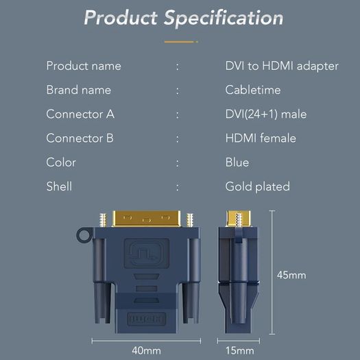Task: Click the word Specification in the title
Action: pyautogui.click(x=224, y=19)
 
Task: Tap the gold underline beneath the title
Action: pyautogui.click(x=181, y=42)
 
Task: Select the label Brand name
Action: pyautogui.click(x=79, y=90)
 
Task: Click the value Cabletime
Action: pyautogui.click(x=253, y=90)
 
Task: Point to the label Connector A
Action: pyautogui.click(x=80, y=114)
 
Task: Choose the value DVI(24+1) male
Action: pyautogui.click(x=266, y=114)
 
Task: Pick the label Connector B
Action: pyautogui.click(x=80, y=138)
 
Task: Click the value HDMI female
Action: pyautogui.click(x=261, y=138)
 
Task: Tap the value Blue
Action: pyautogui.click(x=237, y=163)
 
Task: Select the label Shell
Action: pyautogui.click(x=59, y=187)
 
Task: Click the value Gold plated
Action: pyautogui.click(x=257, y=187)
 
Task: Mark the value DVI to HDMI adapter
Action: pyautogui.click(x=282, y=66)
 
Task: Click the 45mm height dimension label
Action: pyautogui.click(x=291, y=275)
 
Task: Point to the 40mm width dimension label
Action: pyautogui.click(x=146, y=350)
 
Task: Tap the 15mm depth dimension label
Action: pyautogui.click(x=240, y=350)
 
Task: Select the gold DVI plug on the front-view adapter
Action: pyautogui.click(x=146, y=219)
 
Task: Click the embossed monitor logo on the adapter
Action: pyautogui.click(x=147, y=253)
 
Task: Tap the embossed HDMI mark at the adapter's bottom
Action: pyautogui.click(x=147, y=319)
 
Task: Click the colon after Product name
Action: pyautogui.click(x=177, y=67)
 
